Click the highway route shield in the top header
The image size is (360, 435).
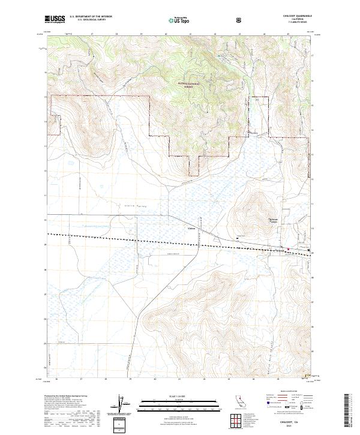click(x=241, y=19)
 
